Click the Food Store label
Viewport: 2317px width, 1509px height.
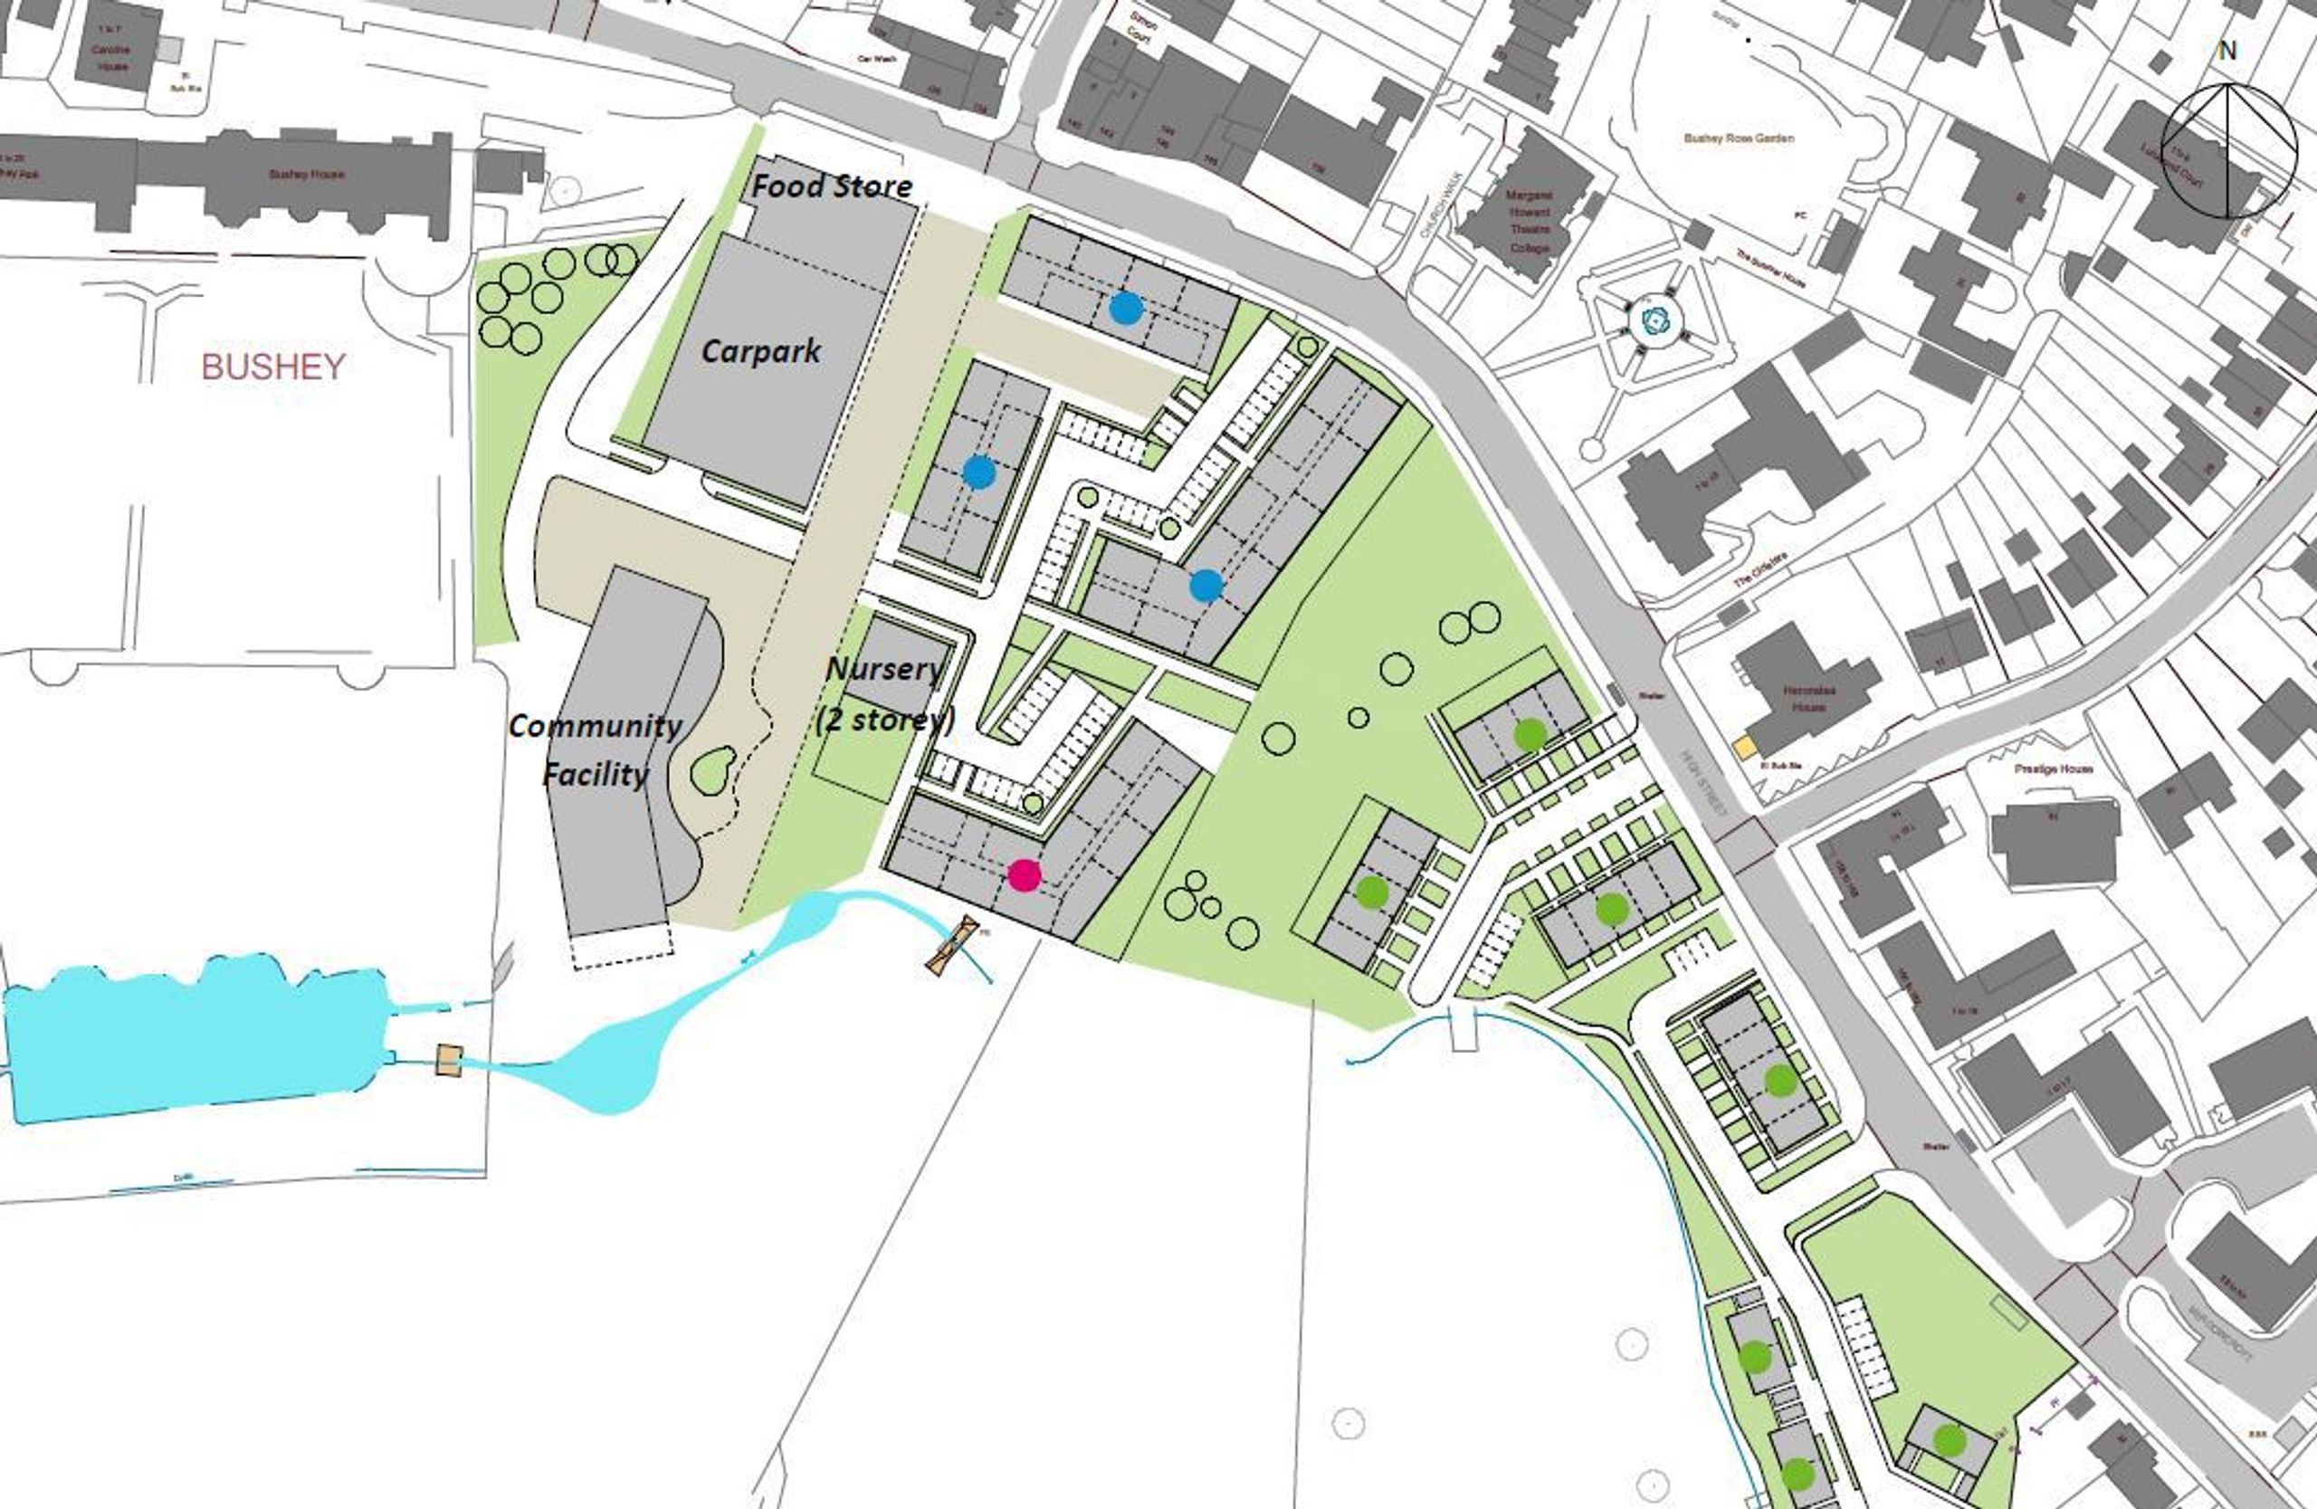pyautogui.click(x=833, y=185)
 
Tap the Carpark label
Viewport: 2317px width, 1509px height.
pyautogui.click(x=760, y=350)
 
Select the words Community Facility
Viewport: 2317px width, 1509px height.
pyautogui.click(x=595, y=750)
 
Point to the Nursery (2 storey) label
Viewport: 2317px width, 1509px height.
pyautogui.click(x=884, y=693)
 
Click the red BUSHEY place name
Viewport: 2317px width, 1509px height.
pyautogui.click(x=272, y=367)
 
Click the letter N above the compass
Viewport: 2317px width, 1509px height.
pyautogui.click(x=2227, y=51)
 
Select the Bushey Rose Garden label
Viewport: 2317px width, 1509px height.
pyautogui.click(x=1739, y=138)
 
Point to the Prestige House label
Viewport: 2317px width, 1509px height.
pyautogui.click(x=2054, y=769)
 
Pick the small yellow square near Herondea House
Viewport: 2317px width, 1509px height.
pyautogui.click(x=1743, y=748)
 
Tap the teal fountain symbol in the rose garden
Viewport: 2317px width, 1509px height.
pyautogui.click(x=1655, y=320)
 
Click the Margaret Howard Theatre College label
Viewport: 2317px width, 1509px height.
pyautogui.click(x=1529, y=221)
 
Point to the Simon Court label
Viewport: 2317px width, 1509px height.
pyautogui.click(x=1140, y=26)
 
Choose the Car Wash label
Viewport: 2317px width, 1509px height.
pyautogui.click(x=875, y=59)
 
